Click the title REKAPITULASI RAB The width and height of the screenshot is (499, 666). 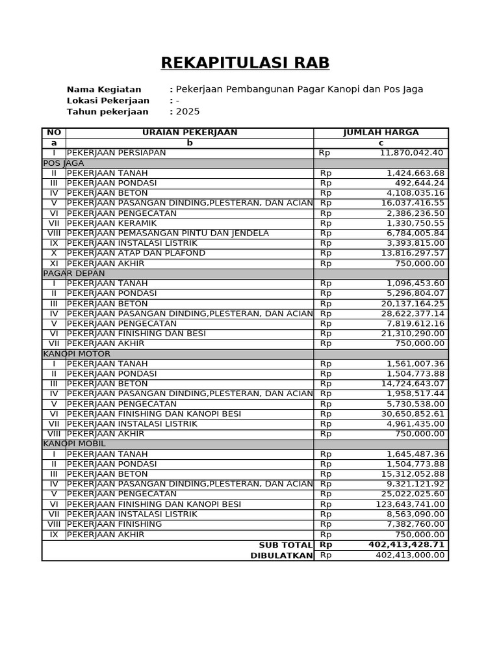pyautogui.click(x=245, y=63)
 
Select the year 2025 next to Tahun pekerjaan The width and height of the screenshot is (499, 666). pyautogui.click(x=188, y=111)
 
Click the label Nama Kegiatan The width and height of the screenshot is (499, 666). pyautogui.click(x=104, y=89)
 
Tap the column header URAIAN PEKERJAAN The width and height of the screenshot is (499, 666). pyautogui.click(x=190, y=133)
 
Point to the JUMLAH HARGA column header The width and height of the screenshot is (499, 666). pyautogui.click(x=381, y=133)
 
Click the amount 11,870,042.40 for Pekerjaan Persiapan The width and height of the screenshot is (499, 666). pyautogui.click(x=412, y=153)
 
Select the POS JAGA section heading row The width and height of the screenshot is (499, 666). pyautogui.click(x=64, y=163)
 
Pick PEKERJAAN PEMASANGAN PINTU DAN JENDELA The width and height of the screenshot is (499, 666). pyautogui.click(x=168, y=233)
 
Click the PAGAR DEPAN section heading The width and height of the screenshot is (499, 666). pyautogui.click(x=74, y=273)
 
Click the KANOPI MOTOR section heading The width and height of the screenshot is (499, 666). pyautogui.click(x=77, y=354)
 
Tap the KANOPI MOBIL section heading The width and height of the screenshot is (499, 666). pyautogui.click(x=74, y=444)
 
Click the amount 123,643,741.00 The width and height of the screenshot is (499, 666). pyautogui.click(x=410, y=504)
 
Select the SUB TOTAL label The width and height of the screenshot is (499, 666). pyautogui.click(x=285, y=545)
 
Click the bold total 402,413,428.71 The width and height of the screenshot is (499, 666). pyautogui.click(x=406, y=545)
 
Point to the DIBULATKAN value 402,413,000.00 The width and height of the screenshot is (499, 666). pyautogui.click(x=410, y=555)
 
